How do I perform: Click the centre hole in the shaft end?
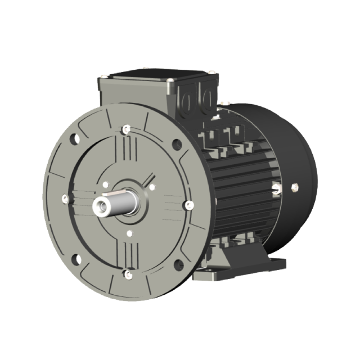pos(102,205)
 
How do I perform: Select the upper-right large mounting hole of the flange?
pos(177,144)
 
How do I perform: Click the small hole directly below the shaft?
pos(129,232)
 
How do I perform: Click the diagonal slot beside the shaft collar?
pos(150,182)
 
